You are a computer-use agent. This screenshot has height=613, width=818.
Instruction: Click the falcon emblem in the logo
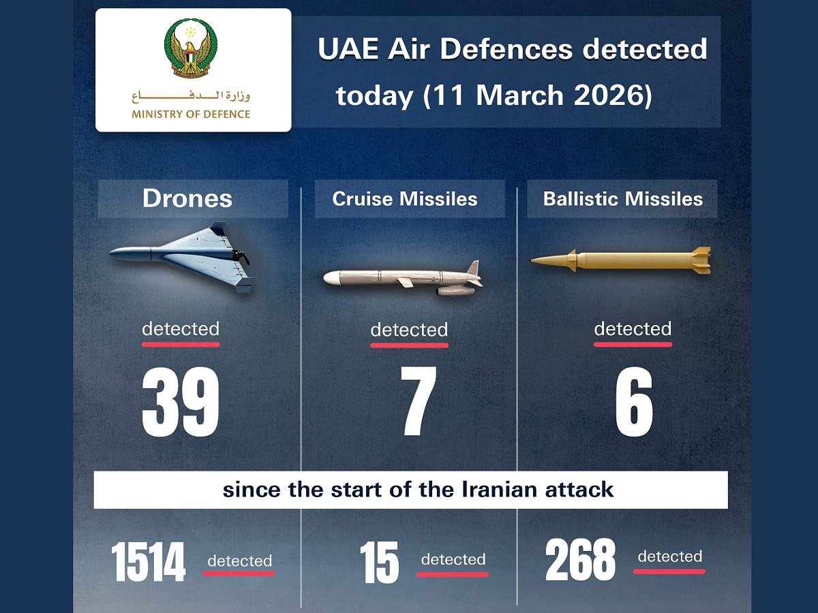point(191,48)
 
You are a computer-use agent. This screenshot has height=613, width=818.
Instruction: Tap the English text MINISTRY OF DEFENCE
point(191,114)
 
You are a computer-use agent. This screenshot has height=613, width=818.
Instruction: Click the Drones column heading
point(187,198)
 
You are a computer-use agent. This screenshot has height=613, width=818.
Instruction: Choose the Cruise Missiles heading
point(405,199)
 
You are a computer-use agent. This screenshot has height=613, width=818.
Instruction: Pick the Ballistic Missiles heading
point(622,199)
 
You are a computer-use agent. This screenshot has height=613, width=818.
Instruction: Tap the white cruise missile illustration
point(403,278)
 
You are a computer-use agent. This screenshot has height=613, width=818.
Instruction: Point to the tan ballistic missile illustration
point(620,260)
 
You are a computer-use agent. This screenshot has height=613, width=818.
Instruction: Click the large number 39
point(181,403)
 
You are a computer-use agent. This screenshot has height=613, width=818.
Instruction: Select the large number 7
point(417,403)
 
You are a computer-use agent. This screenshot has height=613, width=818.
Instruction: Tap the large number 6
point(633,403)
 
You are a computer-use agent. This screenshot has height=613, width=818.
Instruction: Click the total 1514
point(149,562)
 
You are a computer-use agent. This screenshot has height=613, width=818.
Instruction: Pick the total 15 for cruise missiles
point(379,562)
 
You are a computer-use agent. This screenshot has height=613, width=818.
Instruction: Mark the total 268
point(580,561)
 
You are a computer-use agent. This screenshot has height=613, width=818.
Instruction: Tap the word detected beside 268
point(669,556)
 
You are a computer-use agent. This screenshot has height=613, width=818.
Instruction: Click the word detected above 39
point(181,329)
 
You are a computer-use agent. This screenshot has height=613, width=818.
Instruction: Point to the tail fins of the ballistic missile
point(700,260)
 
